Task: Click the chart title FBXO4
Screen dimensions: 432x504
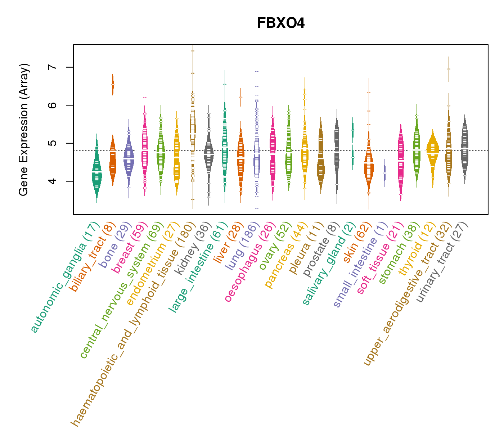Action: tap(281, 23)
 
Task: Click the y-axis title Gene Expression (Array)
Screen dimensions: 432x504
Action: tap(24, 130)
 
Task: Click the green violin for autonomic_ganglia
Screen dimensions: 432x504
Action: tap(96, 173)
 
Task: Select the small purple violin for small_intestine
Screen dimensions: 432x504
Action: tap(384, 173)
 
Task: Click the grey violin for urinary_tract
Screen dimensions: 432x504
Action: tap(465, 151)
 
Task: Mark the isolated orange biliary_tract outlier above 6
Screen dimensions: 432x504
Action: tap(113, 85)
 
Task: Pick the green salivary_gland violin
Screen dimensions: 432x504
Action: tap(353, 144)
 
